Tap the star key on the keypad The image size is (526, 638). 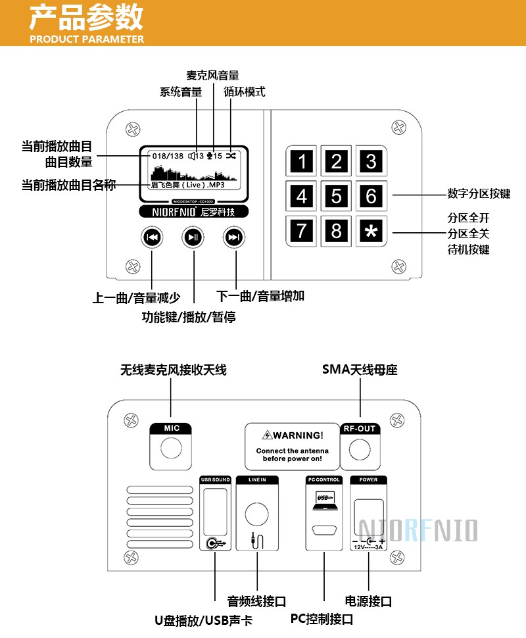coord(371,231)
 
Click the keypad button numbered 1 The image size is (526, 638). coord(302,161)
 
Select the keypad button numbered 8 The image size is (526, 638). coord(337,231)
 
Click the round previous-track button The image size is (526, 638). coord(152,237)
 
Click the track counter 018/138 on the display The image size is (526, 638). coord(168,156)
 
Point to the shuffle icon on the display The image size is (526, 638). coord(231,156)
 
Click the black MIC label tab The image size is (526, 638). coord(172,428)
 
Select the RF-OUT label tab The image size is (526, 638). coord(360,429)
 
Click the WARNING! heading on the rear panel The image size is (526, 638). coord(293,435)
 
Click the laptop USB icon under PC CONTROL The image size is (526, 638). coord(325,499)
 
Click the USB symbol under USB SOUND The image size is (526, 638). coord(215,543)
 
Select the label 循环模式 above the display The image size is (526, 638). coord(245,92)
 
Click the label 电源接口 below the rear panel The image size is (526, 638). coord(368,601)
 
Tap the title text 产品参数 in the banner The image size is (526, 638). coord(86,17)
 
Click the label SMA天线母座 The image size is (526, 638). coord(360,370)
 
